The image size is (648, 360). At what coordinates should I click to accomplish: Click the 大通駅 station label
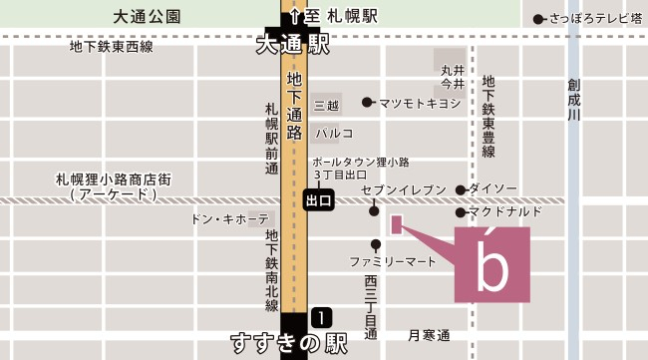click(292, 45)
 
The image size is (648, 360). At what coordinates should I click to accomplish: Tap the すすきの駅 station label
click(288, 344)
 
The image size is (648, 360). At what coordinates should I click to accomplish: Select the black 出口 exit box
click(318, 200)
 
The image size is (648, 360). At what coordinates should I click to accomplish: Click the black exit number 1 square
click(321, 318)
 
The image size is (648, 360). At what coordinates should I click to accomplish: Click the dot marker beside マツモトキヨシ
click(367, 102)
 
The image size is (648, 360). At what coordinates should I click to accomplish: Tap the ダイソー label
click(493, 189)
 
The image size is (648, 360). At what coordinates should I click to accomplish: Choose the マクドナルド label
click(505, 211)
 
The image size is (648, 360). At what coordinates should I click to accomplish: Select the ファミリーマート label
click(393, 261)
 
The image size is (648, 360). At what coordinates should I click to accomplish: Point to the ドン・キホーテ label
click(229, 218)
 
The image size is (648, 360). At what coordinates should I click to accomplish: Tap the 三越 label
click(326, 105)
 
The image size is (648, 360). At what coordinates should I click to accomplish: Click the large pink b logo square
click(492, 264)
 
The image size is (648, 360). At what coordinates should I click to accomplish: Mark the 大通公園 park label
click(148, 17)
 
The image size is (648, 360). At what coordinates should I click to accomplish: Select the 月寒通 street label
click(430, 334)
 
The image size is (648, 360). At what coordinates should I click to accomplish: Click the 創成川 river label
click(574, 100)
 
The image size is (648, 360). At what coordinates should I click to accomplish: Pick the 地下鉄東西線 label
click(112, 46)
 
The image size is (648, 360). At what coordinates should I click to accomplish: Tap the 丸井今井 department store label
click(454, 78)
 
